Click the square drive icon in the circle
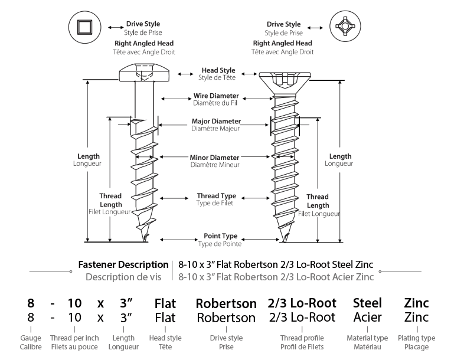click(x=85, y=27)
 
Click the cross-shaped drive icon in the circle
click(x=345, y=27)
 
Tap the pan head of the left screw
click(x=144, y=72)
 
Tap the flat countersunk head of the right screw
click(x=285, y=82)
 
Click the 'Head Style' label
click(x=218, y=70)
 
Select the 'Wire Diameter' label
click(x=216, y=96)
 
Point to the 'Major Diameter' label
click(x=216, y=122)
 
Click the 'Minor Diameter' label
click(x=214, y=158)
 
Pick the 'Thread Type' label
click(x=216, y=196)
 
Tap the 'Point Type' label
click(x=220, y=236)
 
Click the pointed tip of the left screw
click(x=143, y=241)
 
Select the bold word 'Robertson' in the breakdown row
click(x=226, y=303)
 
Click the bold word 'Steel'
click(x=367, y=303)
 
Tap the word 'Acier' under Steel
click(x=367, y=317)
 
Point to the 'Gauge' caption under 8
click(x=31, y=338)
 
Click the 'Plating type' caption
click(x=416, y=338)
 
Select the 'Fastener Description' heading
click(x=123, y=264)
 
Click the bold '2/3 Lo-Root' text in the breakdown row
click(x=302, y=303)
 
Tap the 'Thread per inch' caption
click(x=74, y=338)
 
